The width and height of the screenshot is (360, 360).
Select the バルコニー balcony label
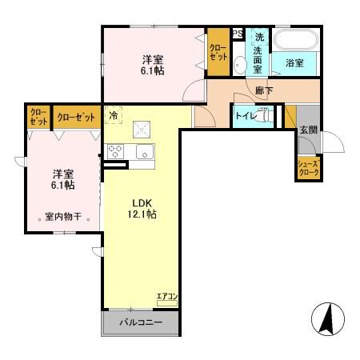(141, 323)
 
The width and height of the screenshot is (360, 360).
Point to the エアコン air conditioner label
(167, 298)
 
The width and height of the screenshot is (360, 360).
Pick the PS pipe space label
(238, 34)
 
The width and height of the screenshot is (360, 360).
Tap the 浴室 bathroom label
(293, 62)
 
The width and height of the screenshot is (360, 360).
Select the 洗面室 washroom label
(258, 52)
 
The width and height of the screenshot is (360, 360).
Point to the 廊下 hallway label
(263, 91)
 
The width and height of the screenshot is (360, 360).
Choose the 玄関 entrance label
(308, 130)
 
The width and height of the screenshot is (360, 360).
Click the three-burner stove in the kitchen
(115, 152)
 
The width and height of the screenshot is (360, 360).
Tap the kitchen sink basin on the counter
(145, 152)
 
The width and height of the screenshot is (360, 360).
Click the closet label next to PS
(218, 53)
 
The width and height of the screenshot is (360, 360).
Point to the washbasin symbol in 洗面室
(241, 66)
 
